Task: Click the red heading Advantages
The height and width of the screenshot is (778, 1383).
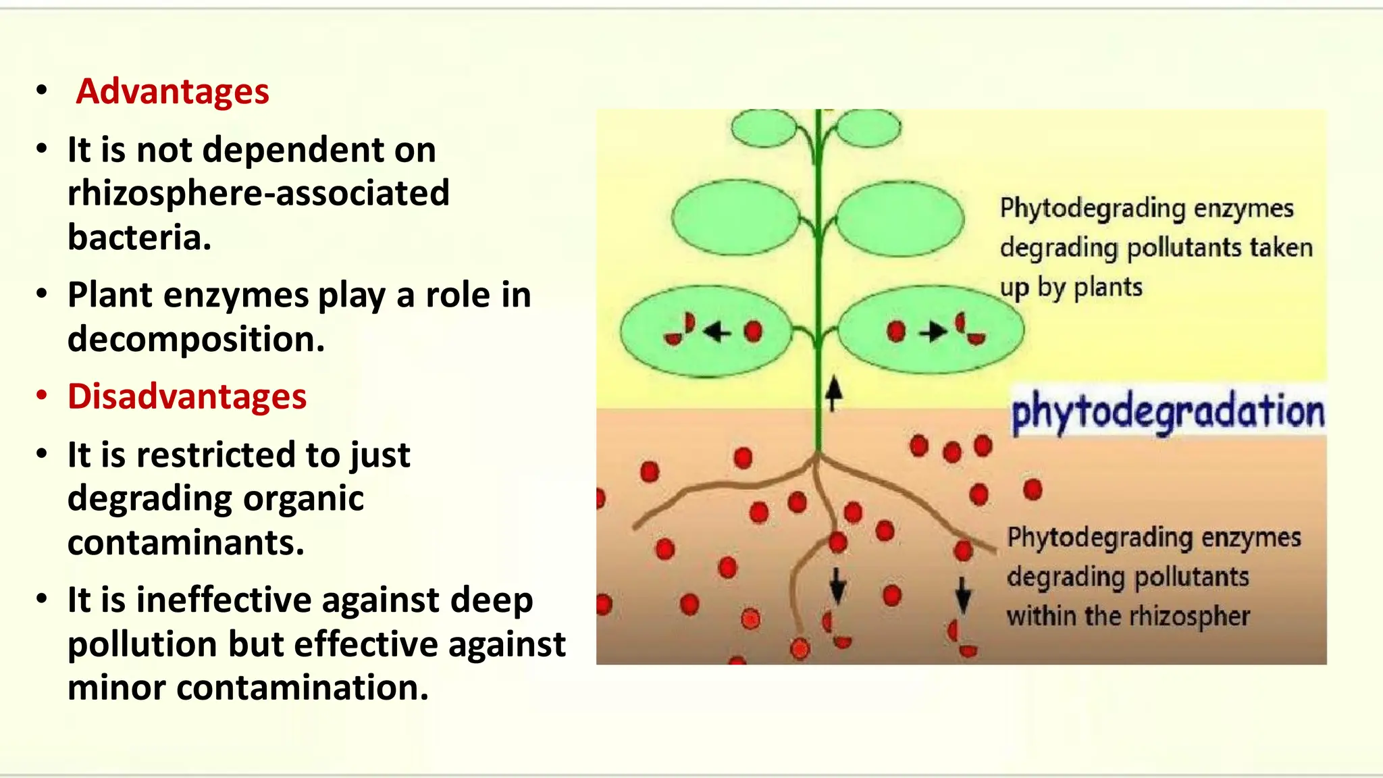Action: [x=172, y=91]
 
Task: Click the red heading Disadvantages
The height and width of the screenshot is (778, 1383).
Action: [x=187, y=396]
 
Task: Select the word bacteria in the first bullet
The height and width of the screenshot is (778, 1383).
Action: [x=139, y=237]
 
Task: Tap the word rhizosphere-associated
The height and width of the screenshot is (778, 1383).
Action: [x=258, y=193]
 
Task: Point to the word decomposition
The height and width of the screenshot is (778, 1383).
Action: [x=196, y=339]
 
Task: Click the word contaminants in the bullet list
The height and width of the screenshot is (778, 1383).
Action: [x=186, y=542]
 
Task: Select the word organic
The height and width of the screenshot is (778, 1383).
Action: [x=303, y=498]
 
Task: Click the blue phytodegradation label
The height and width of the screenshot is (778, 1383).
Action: [x=1168, y=411]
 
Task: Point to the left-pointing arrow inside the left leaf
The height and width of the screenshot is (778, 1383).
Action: [x=717, y=332]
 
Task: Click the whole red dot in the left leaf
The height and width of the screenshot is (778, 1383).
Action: [x=753, y=332]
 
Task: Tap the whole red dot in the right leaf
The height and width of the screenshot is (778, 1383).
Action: [x=896, y=332]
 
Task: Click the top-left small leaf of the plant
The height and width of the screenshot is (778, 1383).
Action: [x=764, y=128]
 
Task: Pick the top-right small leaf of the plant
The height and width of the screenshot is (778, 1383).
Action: [x=868, y=128]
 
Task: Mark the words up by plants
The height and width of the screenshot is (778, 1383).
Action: [x=1071, y=288]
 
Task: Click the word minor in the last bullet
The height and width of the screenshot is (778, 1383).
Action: [x=116, y=688]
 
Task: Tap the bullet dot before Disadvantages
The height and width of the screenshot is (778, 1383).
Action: [x=42, y=396]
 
